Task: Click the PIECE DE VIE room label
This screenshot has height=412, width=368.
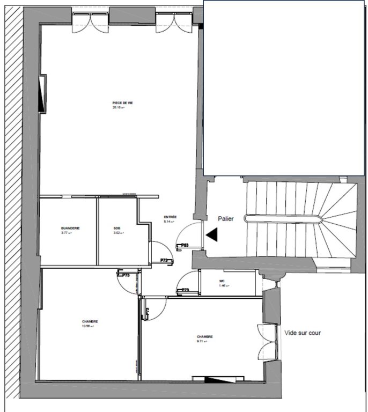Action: click(119, 103)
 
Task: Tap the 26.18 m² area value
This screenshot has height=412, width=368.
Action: click(118, 107)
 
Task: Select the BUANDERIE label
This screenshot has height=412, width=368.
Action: click(70, 228)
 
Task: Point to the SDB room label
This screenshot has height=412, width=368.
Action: click(117, 228)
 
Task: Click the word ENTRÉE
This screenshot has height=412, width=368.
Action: click(170, 217)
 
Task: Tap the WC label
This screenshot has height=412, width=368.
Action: click(222, 281)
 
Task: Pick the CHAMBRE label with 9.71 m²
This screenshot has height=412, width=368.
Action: click(204, 336)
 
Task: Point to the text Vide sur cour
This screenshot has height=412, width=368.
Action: click(302, 333)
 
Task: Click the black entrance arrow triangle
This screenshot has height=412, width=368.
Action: click(212, 234)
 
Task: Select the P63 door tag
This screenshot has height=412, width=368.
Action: click(184, 245)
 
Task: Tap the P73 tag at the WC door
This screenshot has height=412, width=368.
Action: click(185, 290)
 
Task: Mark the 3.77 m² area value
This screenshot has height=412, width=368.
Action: click(66, 233)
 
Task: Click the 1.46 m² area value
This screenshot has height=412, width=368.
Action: click(223, 286)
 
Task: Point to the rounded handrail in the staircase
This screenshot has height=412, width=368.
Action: click(283, 218)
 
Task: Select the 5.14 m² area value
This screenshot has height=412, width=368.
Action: click(170, 222)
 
